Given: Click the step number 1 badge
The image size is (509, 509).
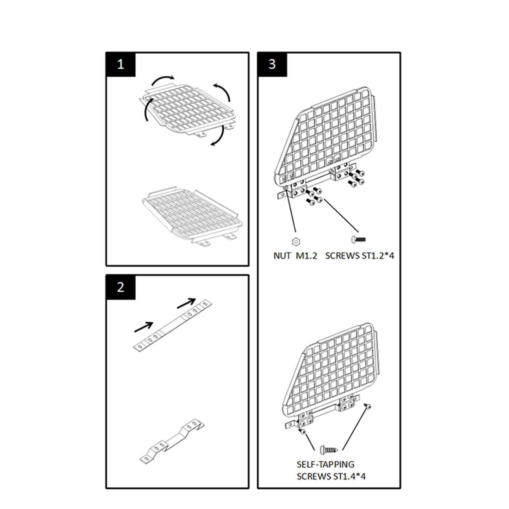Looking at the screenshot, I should pyautogui.click(x=121, y=64).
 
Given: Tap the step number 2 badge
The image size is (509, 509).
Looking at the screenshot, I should pyautogui.click(x=121, y=287).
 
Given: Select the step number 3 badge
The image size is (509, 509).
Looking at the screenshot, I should pyautogui.click(x=272, y=64).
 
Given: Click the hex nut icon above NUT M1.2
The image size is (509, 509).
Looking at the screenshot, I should pyautogui.click(x=296, y=241).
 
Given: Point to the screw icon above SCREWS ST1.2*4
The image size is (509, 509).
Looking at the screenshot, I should pyautogui.click(x=359, y=239).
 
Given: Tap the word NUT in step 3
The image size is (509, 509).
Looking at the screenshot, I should pyautogui.click(x=282, y=256).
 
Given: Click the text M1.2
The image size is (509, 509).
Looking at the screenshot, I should pyautogui.click(x=307, y=256).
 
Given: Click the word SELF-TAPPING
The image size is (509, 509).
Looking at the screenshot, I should pyautogui.click(x=325, y=464).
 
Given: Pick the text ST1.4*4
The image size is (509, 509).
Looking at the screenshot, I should pyautogui.click(x=349, y=476).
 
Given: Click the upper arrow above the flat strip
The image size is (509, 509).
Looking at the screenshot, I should pyautogui.click(x=187, y=303).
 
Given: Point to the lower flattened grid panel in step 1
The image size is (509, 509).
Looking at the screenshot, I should pyautogui.click(x=193, y=216).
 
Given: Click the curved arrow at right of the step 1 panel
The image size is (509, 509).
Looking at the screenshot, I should pyautogui.click(x=223, y=92).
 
